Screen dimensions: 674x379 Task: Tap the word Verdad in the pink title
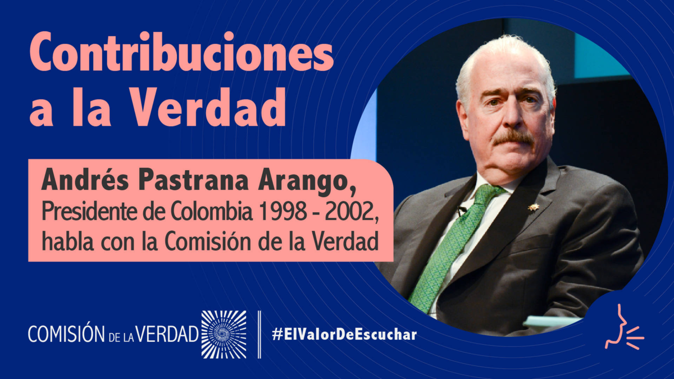click(209, 107)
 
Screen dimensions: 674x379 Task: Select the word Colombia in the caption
click(212, 212)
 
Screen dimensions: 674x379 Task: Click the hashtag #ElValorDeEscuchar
click(344, 335)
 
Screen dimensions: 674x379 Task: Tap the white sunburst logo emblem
click(224, 335)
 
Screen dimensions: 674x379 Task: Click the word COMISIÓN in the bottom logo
click(65, 334)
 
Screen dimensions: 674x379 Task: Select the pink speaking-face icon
click(625, 331)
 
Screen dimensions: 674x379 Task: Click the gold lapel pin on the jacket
click(532, 207)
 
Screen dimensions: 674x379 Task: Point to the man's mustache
click(512, 136)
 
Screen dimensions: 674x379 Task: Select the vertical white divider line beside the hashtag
click(259, 335)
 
